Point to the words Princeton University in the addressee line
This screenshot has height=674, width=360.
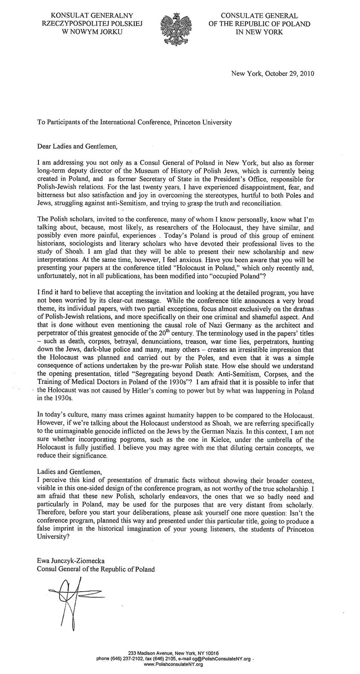202,122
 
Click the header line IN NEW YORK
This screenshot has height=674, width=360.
259,32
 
